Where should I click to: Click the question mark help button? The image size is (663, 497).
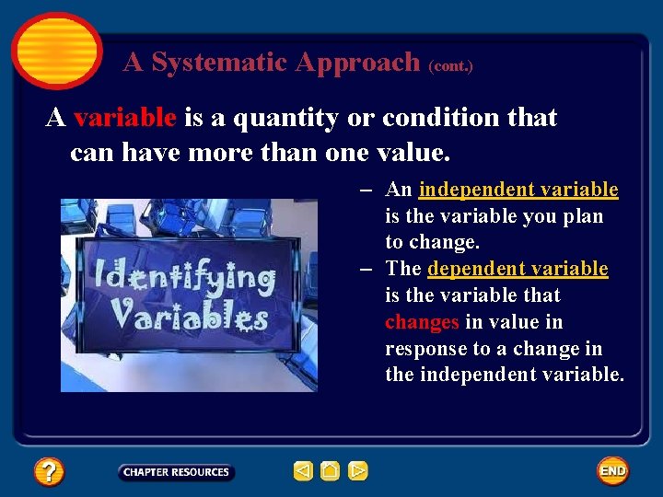[49, 472]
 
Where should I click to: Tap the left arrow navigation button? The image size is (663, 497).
[303, 471]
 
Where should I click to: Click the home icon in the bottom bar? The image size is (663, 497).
[331, 471]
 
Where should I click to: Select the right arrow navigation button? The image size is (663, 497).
[358, 471]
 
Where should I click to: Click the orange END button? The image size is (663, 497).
[612, 471]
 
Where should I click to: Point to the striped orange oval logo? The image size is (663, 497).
[56, 50]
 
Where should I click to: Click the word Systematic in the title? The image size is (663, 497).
[220, 63]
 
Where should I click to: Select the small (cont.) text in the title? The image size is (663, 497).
[450, 66]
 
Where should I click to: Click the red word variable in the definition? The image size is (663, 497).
[125, 118]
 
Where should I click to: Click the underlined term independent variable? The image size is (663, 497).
[518, 190]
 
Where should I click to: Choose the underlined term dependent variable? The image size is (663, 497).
[518, 269]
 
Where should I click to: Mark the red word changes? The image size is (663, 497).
[422, 322]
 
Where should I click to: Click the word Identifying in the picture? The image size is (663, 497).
[184, 276]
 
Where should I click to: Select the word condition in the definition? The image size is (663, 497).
[437, 118]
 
